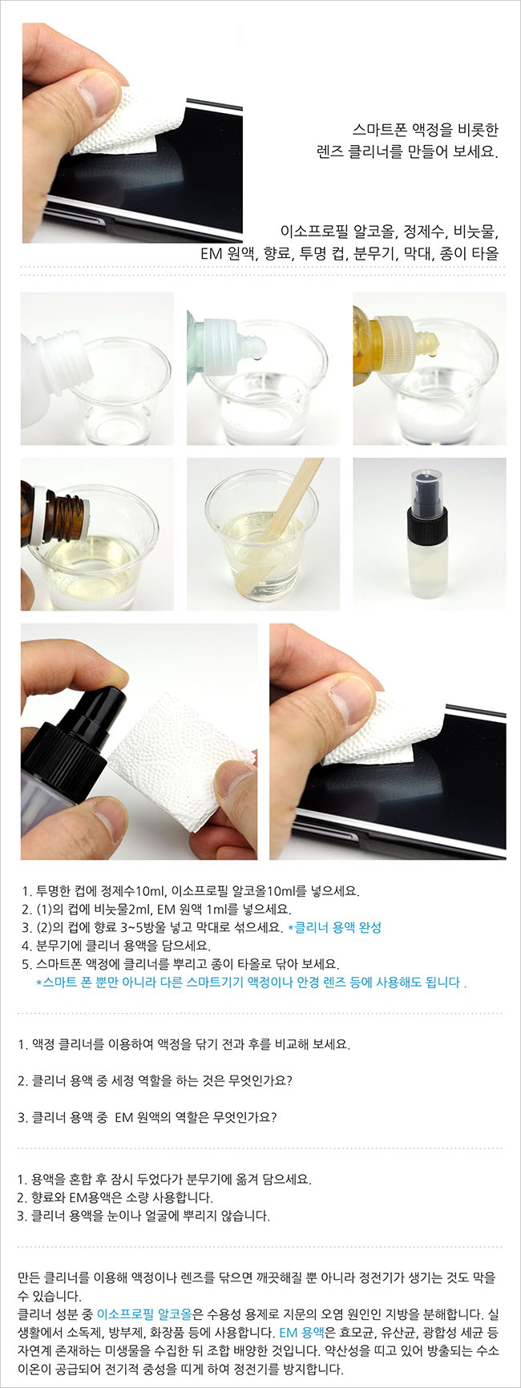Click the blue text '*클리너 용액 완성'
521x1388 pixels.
(x=334, y=927)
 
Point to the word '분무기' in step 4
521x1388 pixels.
(x=55, y=946)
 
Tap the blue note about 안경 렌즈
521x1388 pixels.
(x=252, y=982)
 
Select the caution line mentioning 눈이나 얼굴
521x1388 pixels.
(x=144, y=1216)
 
